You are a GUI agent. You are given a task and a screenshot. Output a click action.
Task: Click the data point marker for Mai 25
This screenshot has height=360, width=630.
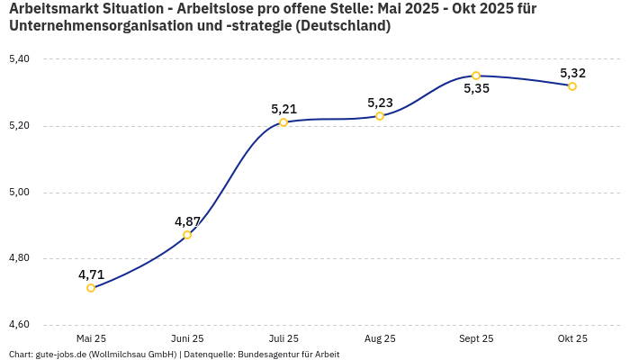[91, 288]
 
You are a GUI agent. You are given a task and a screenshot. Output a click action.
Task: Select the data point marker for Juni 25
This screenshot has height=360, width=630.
[187, 235]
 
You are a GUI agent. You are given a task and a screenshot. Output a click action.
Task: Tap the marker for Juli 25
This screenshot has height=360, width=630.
[283, 122]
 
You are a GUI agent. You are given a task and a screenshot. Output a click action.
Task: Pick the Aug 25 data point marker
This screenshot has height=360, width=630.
[380, 116]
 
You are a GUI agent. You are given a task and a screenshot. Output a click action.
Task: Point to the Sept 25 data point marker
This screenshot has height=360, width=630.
[476, 76]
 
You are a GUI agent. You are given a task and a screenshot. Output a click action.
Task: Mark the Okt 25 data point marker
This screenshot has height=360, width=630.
[572, 86]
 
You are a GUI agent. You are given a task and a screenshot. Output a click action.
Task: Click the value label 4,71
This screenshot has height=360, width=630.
[91, 274]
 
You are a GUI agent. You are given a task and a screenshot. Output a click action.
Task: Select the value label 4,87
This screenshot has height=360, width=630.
[187, 221]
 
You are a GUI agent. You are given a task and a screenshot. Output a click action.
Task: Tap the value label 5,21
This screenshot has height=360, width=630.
[283, 109]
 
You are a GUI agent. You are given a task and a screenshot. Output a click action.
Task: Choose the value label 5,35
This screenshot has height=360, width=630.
[476, 89]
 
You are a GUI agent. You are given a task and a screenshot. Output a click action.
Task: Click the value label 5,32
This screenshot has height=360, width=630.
[572, 73]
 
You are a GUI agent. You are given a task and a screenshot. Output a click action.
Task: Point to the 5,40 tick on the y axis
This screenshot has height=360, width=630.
[19, 59]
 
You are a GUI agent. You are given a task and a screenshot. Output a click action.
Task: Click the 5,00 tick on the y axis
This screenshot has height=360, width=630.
[19, 193]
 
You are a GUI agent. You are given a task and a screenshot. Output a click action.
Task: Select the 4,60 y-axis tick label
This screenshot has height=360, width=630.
[19, 325]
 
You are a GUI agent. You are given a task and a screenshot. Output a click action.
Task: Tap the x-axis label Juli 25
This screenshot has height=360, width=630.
[283, 339]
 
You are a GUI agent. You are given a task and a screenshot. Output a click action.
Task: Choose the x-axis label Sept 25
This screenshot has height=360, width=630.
[476, 339]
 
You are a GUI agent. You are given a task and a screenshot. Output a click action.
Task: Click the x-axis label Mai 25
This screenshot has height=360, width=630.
[91, 339]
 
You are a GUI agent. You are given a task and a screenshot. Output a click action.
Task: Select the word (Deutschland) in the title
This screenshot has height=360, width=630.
[346, 26]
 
